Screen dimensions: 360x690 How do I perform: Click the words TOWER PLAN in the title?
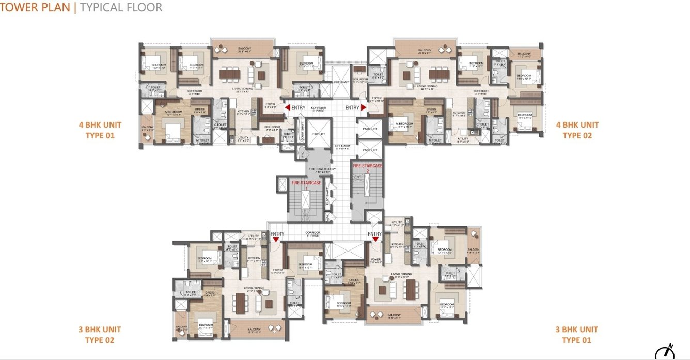36,7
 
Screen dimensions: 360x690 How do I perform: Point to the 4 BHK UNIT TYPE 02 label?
577,130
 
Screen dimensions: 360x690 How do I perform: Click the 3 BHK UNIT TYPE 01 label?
576,335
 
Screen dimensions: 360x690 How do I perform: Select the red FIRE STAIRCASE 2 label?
368,167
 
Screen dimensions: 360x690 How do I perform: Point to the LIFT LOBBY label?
342,147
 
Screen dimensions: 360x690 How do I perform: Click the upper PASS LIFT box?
370,129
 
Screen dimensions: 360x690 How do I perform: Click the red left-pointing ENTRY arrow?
287,107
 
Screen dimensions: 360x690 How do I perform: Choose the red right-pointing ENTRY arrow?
364,107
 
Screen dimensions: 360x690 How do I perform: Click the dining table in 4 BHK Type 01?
229,74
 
